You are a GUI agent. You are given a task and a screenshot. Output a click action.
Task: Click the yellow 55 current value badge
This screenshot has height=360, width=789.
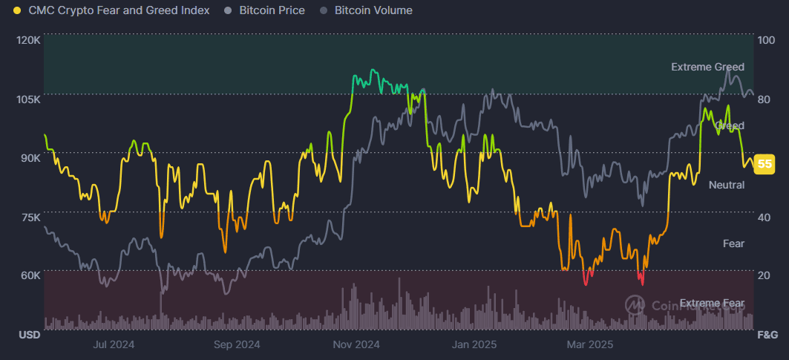765,164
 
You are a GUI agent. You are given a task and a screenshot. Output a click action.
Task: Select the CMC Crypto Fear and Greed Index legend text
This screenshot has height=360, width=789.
117,10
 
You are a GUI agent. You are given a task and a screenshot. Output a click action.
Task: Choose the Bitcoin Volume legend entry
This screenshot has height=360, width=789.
373,10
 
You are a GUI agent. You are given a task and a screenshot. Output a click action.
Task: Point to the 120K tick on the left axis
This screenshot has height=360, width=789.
27,39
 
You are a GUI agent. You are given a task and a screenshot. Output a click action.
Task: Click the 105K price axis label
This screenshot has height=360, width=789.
27,99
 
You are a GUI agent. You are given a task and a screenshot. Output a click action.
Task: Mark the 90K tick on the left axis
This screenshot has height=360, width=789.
29,157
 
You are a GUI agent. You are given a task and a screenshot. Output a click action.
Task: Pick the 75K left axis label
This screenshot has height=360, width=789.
29,217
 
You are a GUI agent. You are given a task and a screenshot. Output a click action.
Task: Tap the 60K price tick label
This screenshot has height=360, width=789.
29,275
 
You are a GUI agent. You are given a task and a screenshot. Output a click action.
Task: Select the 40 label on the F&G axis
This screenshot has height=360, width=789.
765,217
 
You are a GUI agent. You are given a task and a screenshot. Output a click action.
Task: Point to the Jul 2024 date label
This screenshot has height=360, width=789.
114,344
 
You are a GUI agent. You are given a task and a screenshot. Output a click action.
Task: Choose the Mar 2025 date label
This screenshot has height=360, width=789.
590,344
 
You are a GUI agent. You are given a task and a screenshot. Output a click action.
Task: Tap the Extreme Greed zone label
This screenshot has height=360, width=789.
707,67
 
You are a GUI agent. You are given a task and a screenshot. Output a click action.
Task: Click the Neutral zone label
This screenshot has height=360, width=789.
727,185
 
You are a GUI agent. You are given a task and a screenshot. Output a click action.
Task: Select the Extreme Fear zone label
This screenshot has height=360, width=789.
712,303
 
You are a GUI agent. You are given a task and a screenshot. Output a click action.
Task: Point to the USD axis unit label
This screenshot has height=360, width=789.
29,335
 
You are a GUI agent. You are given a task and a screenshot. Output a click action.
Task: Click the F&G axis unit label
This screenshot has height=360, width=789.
767,335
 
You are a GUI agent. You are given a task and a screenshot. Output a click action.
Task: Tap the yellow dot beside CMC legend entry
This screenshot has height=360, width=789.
17,10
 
